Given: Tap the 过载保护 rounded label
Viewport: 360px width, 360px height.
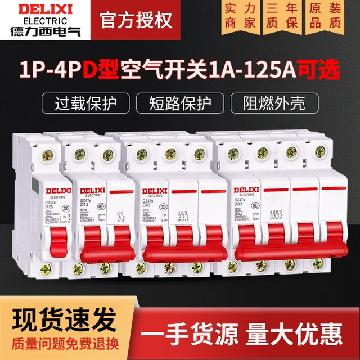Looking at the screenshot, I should point(83,104).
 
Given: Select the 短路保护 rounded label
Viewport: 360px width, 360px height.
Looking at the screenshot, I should point(179,104).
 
